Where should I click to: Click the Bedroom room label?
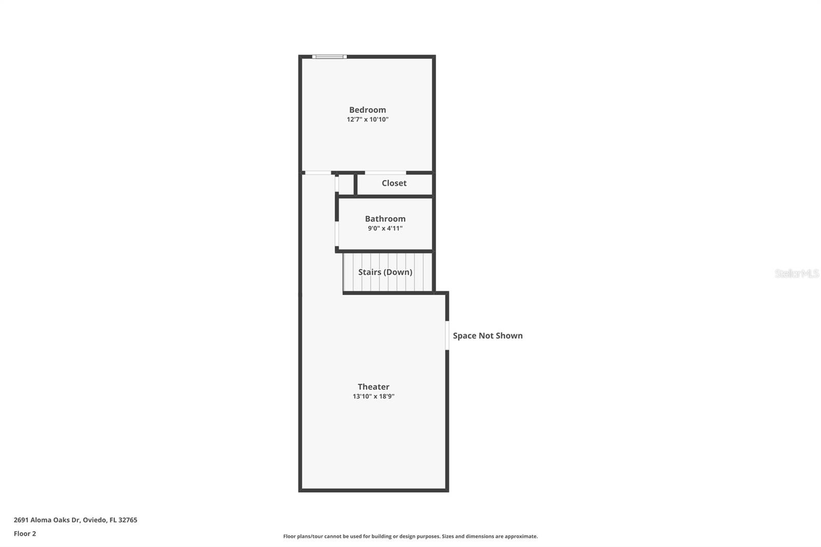click(367, 110)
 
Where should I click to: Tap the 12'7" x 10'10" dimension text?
click(367, 120)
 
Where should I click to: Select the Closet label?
click(394, 183)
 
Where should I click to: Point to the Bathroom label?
click(385, 219)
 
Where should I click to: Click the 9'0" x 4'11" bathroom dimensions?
click(385, 228)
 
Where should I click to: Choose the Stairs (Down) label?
click(385, 272)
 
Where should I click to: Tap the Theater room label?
click(374, 387)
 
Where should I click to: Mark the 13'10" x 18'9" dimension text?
click(374, 396)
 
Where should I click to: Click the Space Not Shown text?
click(487, 336)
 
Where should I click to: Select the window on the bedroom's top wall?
click(329, 56)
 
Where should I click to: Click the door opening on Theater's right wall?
click(447, 336)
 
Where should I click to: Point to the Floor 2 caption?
click(25, 534)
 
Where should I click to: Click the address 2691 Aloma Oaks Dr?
click(47, 520)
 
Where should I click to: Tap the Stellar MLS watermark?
click(796, 273)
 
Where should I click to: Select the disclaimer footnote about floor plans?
click(411, 536)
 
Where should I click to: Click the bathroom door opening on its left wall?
click(337, 234)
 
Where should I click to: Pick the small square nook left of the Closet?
click(346, 185)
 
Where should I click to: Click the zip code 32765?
click(128, 520)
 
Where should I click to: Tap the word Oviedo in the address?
click(94, 520)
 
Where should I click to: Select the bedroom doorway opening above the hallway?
click(317, 173)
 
